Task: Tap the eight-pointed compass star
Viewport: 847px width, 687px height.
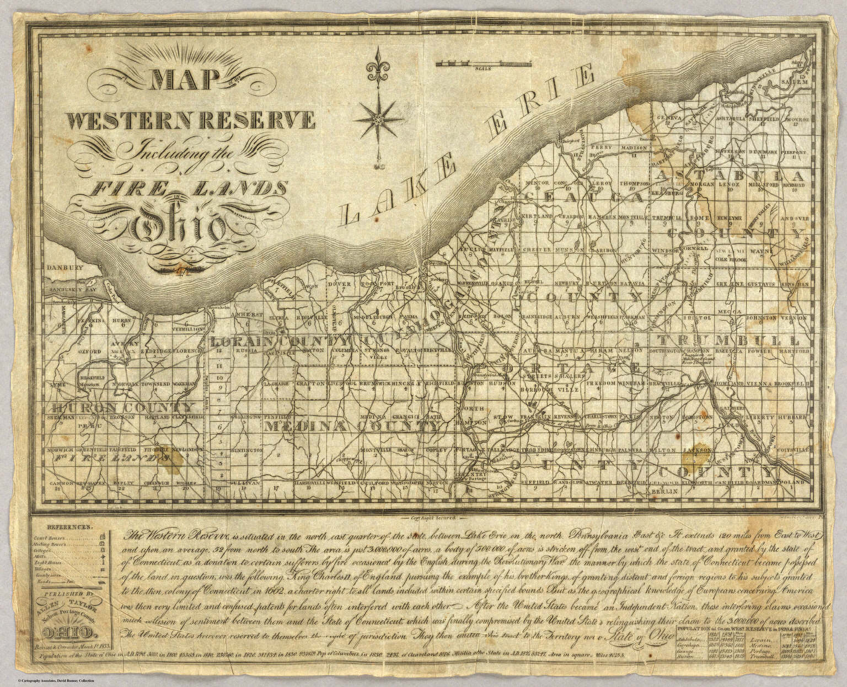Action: pos(378,119)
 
